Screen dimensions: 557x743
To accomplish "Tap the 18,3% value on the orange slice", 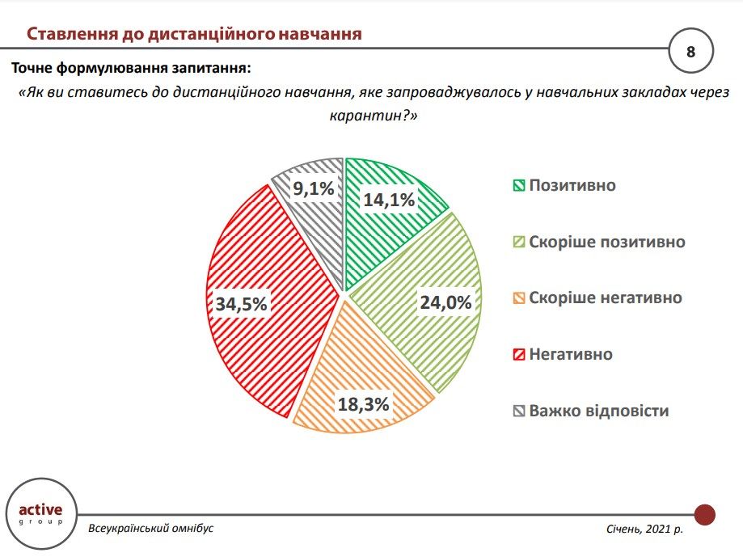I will point(364,404).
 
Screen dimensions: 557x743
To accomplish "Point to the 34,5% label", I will point(241,304).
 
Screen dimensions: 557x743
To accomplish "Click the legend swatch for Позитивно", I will point(518,186).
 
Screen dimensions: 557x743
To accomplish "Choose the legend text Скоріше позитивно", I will point(607,242).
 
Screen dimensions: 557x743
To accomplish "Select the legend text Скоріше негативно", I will point(606,298).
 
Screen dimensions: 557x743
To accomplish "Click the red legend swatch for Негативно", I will point(518,355).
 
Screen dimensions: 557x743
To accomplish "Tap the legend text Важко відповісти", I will point(599,411).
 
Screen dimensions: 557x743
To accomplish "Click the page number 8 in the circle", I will point(691,53).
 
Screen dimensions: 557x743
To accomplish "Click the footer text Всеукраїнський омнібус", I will point(151,528).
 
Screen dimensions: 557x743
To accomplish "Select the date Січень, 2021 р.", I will point(644,529).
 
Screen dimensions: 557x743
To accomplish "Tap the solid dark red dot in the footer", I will point(705,514).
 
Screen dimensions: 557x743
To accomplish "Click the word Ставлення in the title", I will point(70,34).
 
